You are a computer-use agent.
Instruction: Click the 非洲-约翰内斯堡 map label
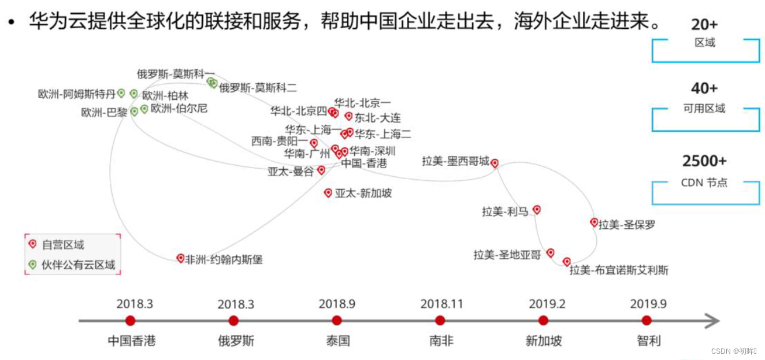(x=224, y=260)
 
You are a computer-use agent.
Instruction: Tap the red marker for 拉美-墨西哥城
(x=495, y=163)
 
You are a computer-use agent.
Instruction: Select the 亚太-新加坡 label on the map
(x=363, y=194)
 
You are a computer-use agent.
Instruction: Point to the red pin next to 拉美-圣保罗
(x=594, y=222)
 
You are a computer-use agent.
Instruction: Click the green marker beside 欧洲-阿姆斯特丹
(x=121, y=92)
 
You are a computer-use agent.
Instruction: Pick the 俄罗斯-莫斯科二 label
(x=258, y=88)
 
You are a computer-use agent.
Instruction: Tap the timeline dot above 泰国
(x=337, y=320)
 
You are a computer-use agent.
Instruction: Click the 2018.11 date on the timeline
(x=442, y=303)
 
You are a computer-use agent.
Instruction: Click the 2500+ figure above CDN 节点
(x=704, y=161)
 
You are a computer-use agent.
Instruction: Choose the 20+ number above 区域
(x=704, y=24)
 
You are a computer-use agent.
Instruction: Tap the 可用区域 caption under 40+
(x=705, y=108)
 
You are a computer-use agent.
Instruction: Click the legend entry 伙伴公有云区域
(x=79, y=265)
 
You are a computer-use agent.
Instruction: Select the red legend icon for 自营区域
(x=32, y=244)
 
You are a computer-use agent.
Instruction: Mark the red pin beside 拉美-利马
(x=537, y=209)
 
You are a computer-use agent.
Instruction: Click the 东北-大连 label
(x=378, y=118)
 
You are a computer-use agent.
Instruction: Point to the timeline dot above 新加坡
(x=543, y=320)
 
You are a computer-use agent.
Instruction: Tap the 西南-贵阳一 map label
(x=280, y=141)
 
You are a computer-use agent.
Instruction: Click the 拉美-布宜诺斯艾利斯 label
(x=619, y=270)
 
